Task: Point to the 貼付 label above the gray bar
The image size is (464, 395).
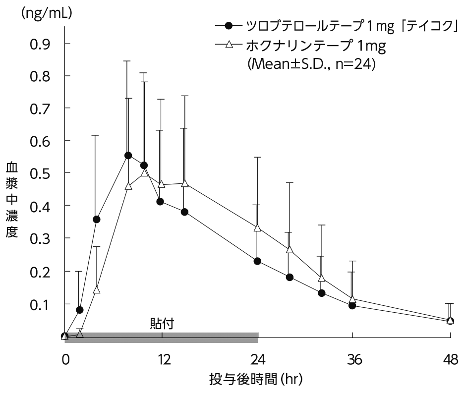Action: pos(162,323)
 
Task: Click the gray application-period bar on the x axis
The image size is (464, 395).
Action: pos(161,337)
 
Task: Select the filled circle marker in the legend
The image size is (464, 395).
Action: pos(228,26)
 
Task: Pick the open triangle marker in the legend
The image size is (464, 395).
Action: pos(228,45)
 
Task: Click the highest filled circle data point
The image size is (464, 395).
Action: pos(128,155)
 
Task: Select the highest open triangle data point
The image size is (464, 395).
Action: pos(145,172)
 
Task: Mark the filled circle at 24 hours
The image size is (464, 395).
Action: pos(257,261)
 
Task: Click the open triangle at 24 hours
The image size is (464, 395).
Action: pos(257,228)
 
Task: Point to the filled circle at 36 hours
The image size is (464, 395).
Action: pos(352,305)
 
